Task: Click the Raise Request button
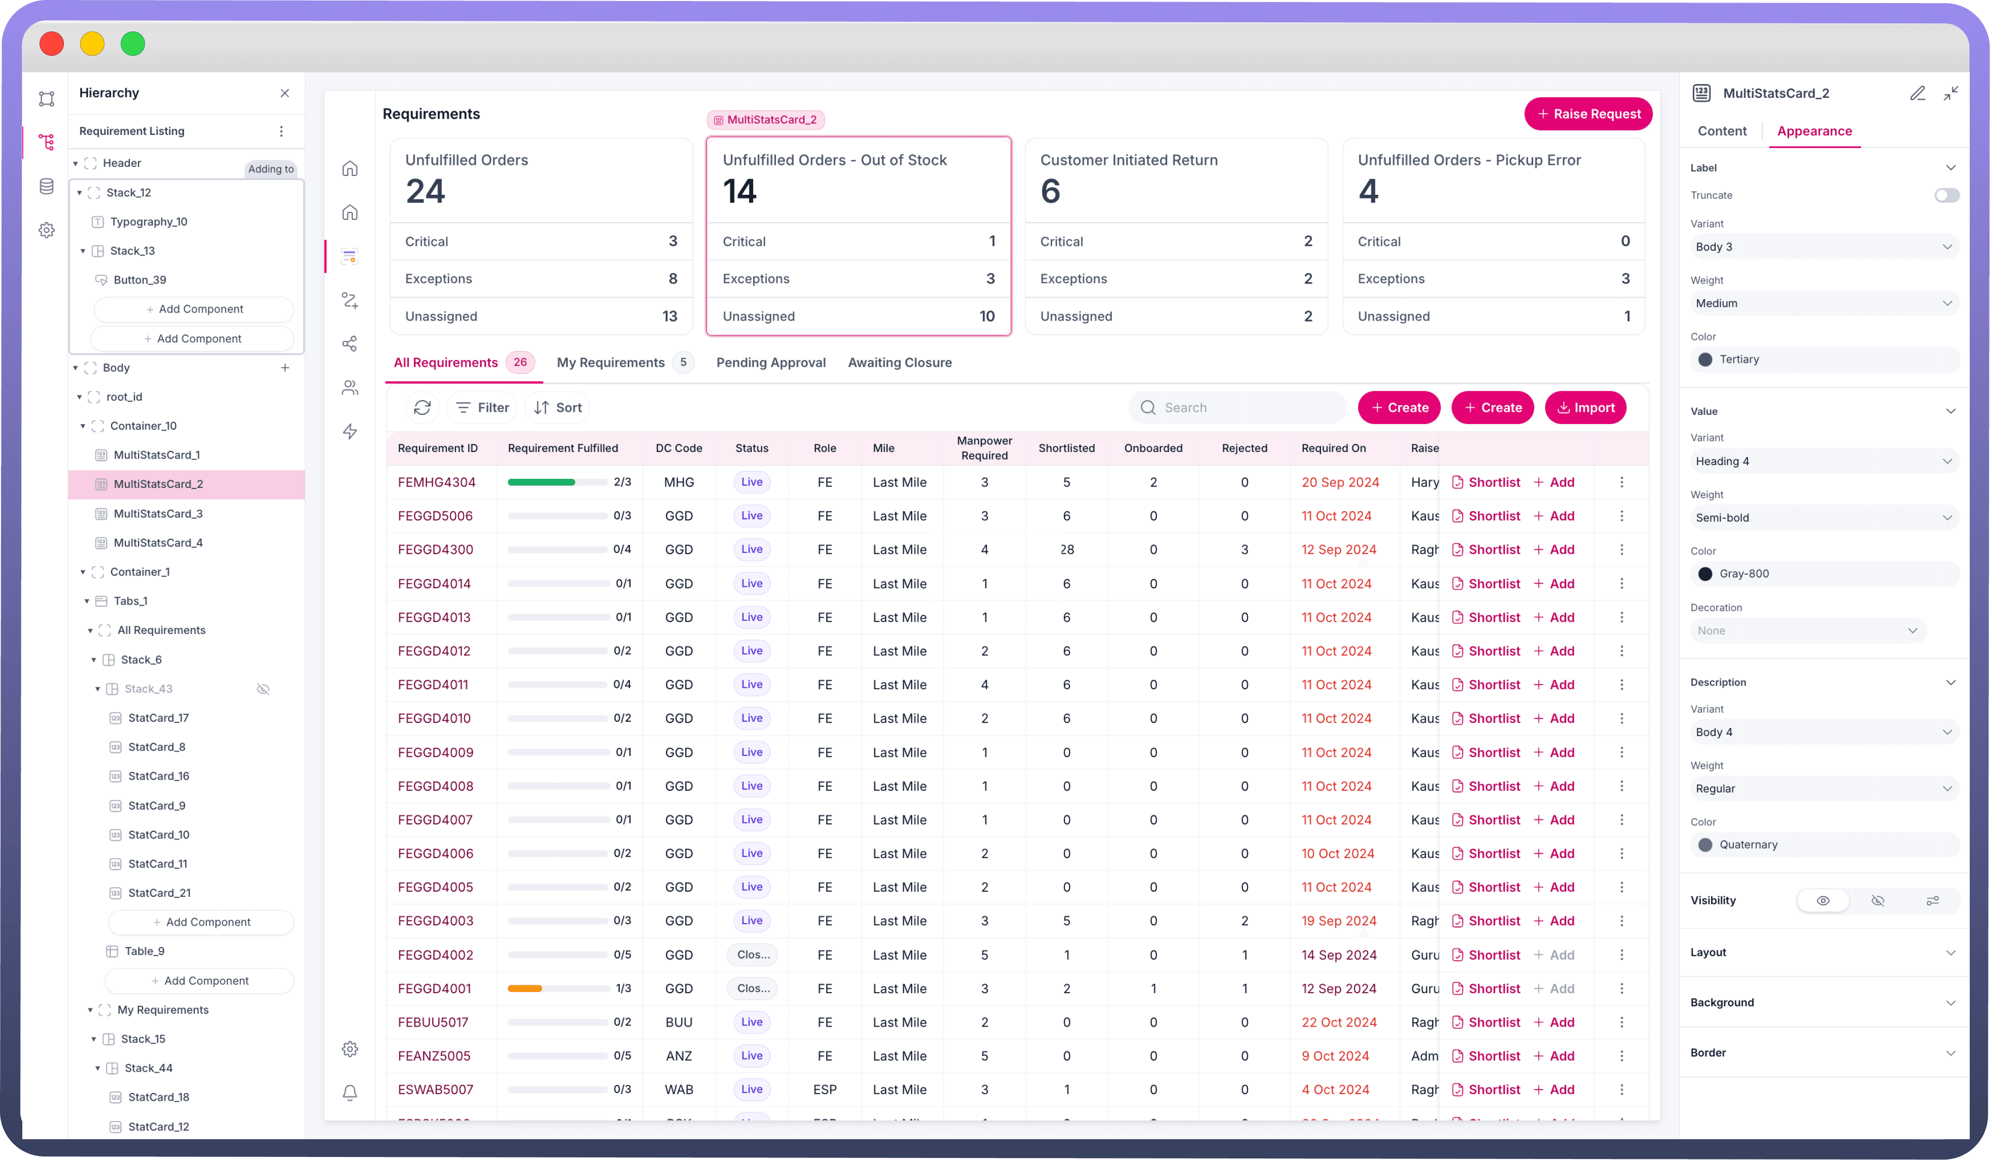tap(1587, 114)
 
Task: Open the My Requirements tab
tap(611, 363)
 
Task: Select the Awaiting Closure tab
tap(900, 363)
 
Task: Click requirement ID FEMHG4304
tap(437, 482)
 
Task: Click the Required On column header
tap(1333, 448)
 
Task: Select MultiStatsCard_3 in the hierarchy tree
tap(158, 513)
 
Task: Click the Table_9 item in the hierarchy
tap(145, 951)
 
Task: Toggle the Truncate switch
tap(1946, 195)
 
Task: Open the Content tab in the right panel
tap(1722, 131)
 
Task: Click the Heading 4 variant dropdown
tap(1823, 461)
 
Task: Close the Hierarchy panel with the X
tap(285, 93)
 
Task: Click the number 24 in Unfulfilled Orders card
tap(425, 191)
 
